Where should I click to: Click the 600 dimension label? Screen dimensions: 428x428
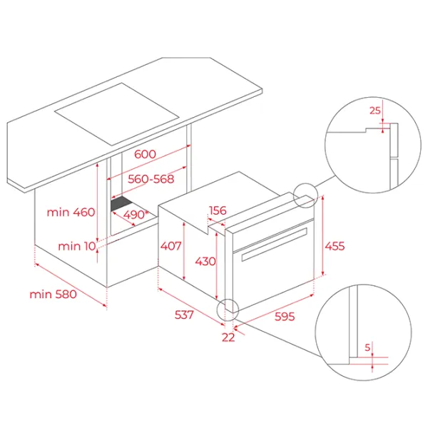tap(145, 154)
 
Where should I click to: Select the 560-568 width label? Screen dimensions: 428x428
tap(151, 179)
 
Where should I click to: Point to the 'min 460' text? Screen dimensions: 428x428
tap(71, 212)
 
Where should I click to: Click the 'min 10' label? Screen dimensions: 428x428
tap(77, 246)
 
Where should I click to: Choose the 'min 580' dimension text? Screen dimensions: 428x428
tap(53, 294)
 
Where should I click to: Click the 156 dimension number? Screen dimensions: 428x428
tap(218, 210)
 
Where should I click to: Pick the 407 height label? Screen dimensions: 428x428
tap(170, 246)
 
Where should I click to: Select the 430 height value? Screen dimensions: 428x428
tap(205, 262)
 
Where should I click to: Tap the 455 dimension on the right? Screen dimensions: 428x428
tap(335, 246)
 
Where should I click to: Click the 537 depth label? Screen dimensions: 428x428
tap(184, 315)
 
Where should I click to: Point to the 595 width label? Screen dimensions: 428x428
tap(285, 316)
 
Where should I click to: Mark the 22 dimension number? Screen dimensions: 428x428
tap(228, 337)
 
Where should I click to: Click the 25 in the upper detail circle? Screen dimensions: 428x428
tap(374, 111)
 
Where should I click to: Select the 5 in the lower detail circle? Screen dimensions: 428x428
tap(367, 347)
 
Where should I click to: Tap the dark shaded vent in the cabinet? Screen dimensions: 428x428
tap(121, 203)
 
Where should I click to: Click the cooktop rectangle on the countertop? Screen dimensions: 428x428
tap(117, 114)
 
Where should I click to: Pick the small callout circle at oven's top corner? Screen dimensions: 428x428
tap(305, 184)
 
